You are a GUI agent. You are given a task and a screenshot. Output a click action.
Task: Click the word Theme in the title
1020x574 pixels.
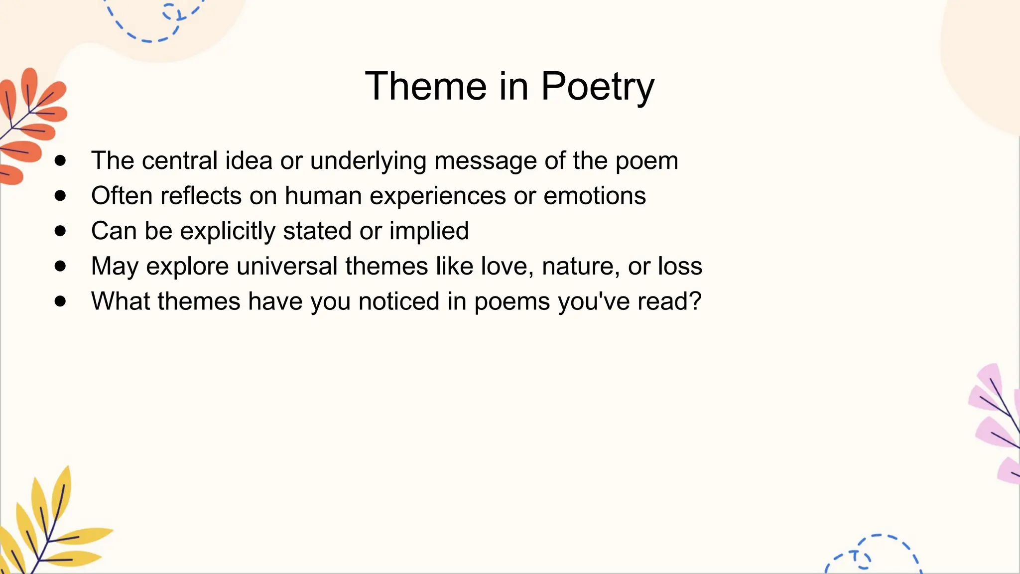pos(425,86)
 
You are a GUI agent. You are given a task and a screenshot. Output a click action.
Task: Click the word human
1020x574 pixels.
pos(323,195)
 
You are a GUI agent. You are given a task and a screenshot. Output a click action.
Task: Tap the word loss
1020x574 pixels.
pos(680,266)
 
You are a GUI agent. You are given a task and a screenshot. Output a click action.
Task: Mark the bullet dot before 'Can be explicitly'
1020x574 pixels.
pos(61,231)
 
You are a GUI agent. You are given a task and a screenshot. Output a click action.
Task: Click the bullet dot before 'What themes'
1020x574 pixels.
pos(61,301)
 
